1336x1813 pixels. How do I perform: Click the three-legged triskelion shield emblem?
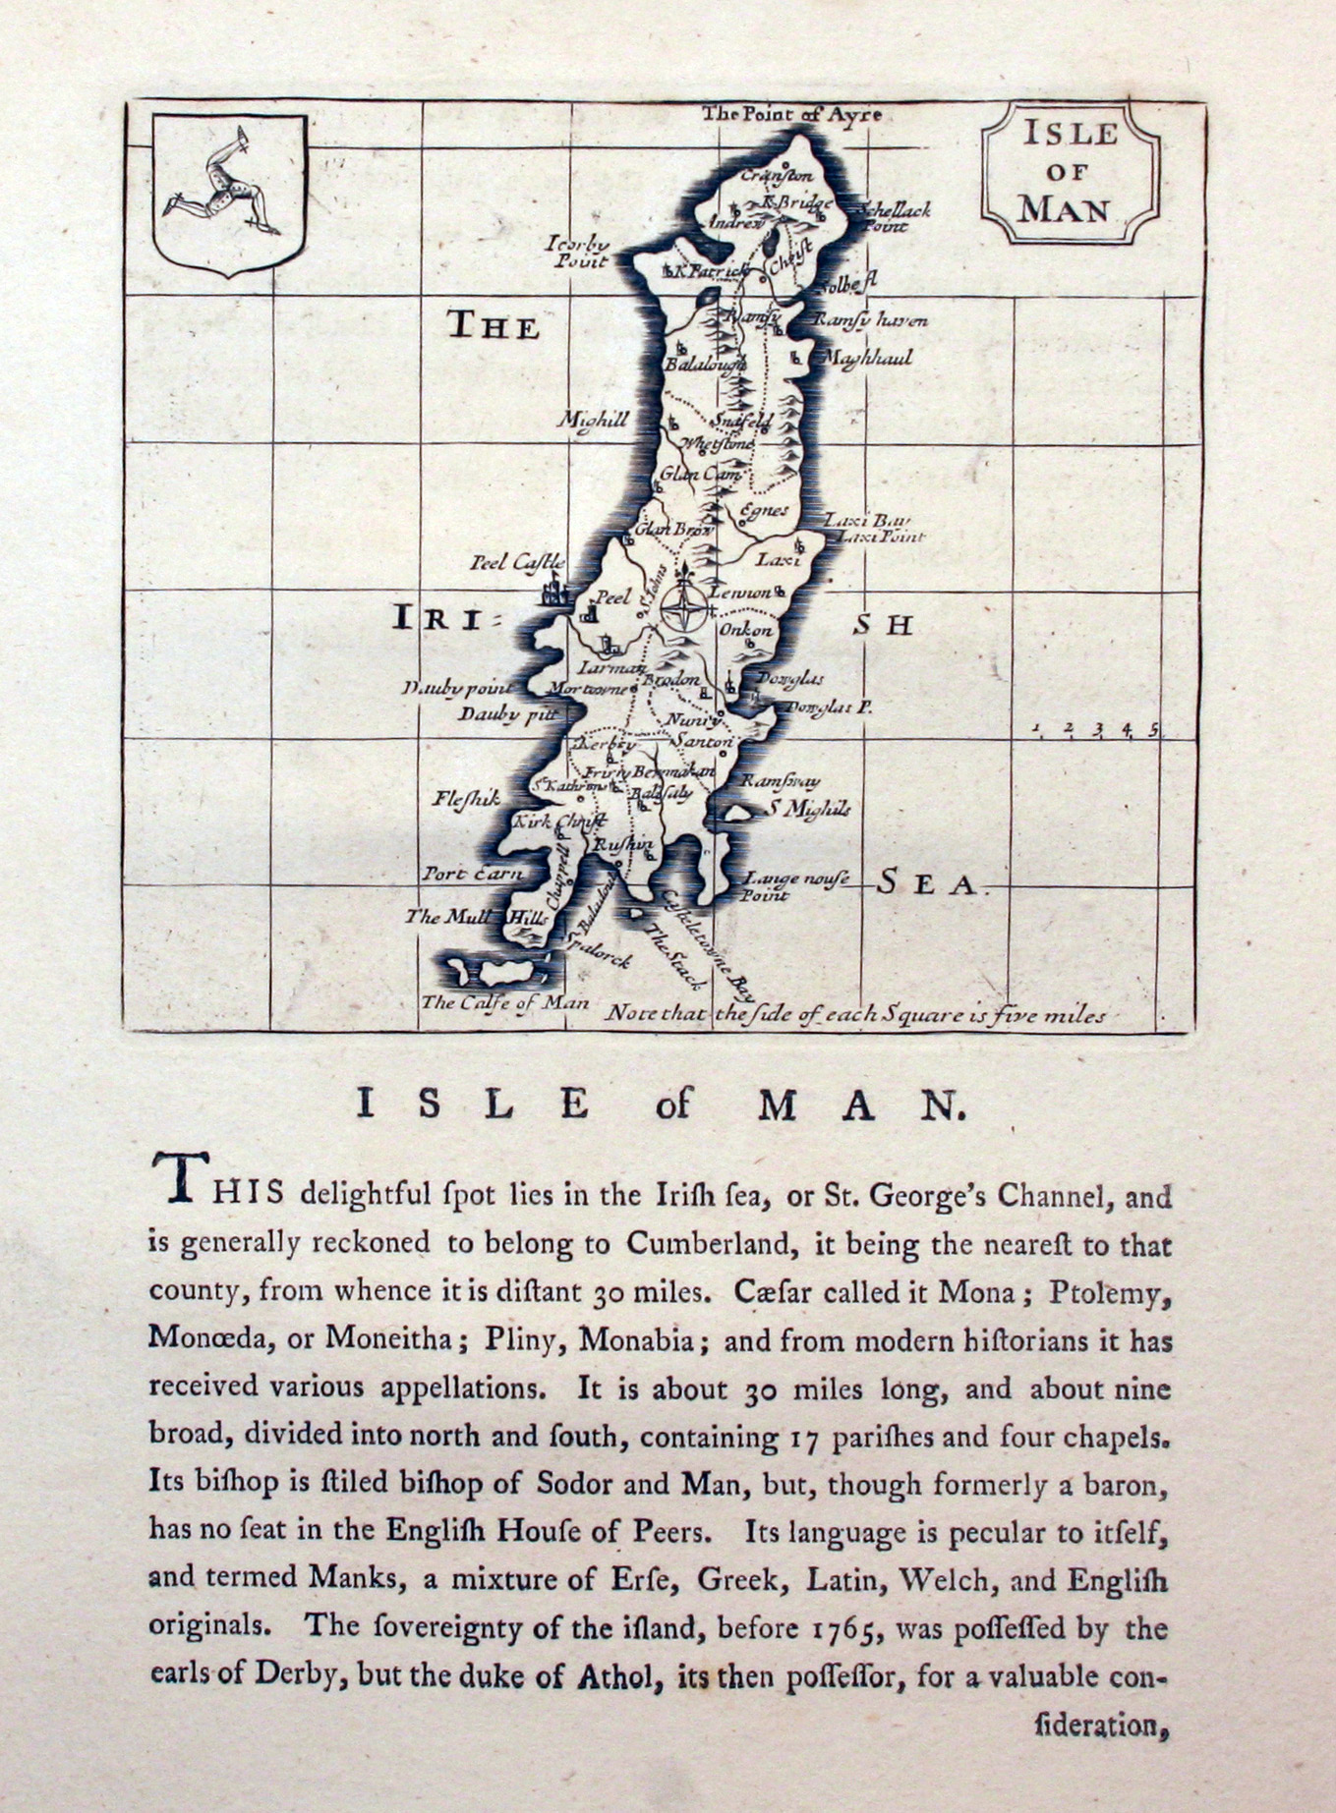(x=230, y=194)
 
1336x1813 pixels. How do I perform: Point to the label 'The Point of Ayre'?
(x=790, y=114)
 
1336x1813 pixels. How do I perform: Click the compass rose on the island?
(x=680, y=606)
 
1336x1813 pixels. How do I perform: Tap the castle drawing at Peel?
(x=554, y=595)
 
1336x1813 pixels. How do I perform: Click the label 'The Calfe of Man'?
(x=504, y=1002)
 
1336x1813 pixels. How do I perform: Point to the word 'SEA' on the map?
(x=927, y=883)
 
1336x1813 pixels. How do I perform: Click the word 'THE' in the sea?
(x=494, y=325)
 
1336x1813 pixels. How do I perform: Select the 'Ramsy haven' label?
(x=871, y=320)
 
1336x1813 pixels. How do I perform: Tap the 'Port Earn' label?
(x=473, y=873)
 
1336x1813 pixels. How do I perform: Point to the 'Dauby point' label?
(x=459, y=688)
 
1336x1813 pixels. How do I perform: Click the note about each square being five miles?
(x=854, y=1014)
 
